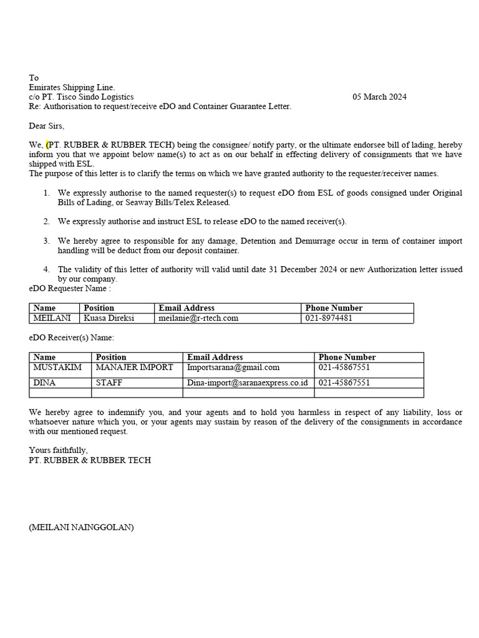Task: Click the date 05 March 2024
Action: click(379, 97)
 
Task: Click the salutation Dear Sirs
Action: click(47, 126)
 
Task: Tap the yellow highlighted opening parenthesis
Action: click(47, 145)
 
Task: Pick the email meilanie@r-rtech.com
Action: click(198, 318)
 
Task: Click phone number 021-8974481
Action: click(329, 318)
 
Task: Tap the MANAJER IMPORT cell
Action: click(134, 368)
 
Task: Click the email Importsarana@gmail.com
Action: click(233, 368)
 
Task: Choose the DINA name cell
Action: click(44, 383)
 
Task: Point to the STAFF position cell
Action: click(109, 383)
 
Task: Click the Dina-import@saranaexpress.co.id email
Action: click(248, 383)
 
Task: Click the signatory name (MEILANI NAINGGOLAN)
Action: click(81, 527)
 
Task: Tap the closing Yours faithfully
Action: click(59, 450)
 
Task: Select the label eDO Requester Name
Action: click(70, 288)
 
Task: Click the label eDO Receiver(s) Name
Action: click(72, 337)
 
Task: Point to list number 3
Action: click(47, 240)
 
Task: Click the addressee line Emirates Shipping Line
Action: click(72, 87)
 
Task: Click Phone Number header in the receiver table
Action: click(347, 357)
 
